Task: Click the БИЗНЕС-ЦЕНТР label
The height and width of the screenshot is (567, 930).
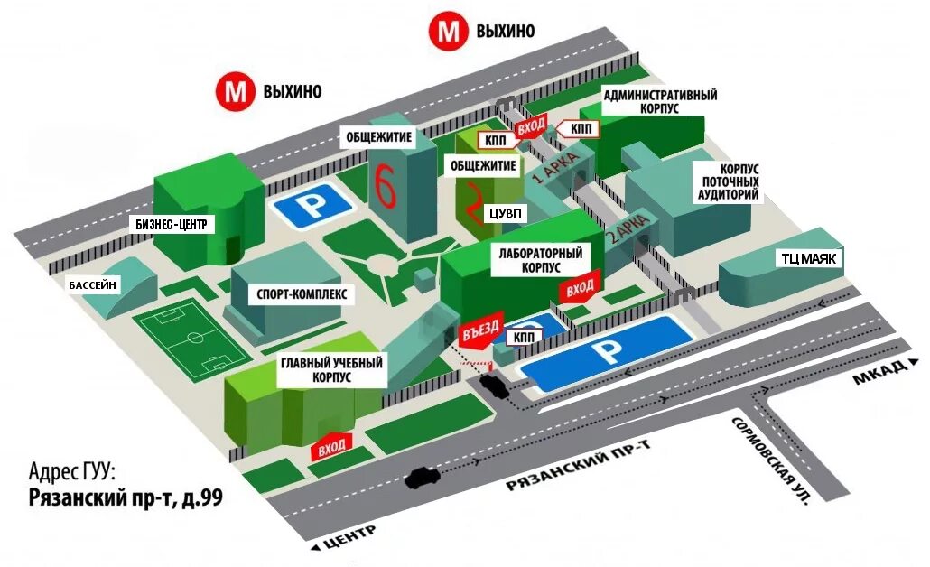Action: [176, 224]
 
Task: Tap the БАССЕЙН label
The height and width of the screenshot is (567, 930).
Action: [93, 285]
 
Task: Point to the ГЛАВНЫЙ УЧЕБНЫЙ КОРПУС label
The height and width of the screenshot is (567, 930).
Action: [331, 371]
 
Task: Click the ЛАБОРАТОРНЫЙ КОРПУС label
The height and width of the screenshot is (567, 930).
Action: [540, 261]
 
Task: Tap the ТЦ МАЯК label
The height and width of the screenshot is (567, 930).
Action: [810, 258]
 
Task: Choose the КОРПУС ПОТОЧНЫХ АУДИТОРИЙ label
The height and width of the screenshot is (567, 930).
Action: [726, 182]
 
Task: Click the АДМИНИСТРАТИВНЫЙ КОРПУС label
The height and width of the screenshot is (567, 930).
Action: [660, 102]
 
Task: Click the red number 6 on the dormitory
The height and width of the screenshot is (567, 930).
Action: [386, 186]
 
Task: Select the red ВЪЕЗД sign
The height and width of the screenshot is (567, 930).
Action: [479, 332]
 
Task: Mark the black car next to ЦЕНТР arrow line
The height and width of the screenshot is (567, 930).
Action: [423, 476]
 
